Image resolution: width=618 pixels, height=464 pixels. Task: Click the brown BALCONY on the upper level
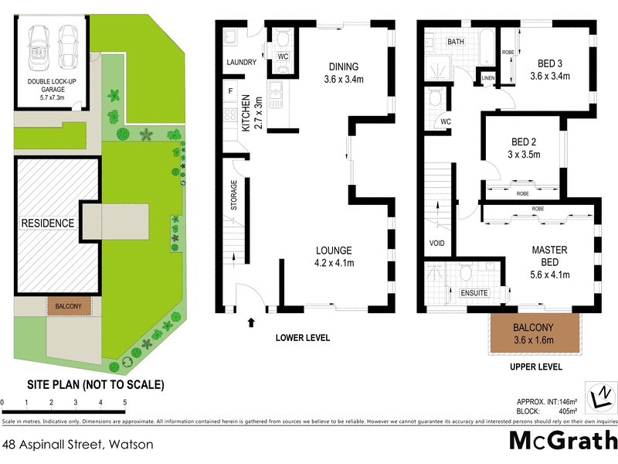[533, 333]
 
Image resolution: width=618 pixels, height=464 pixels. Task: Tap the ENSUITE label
[474, 293]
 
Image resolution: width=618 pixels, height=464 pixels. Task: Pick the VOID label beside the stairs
[437, 243]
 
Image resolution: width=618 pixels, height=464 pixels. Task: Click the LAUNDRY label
[241, 62]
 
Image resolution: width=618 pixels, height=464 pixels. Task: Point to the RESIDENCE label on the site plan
[48, 223]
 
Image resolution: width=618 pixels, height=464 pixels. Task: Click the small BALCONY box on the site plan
[70, 307]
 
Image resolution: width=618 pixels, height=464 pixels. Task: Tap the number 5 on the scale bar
[125, 403]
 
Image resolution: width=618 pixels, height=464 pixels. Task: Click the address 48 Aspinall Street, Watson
[78, 445]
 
